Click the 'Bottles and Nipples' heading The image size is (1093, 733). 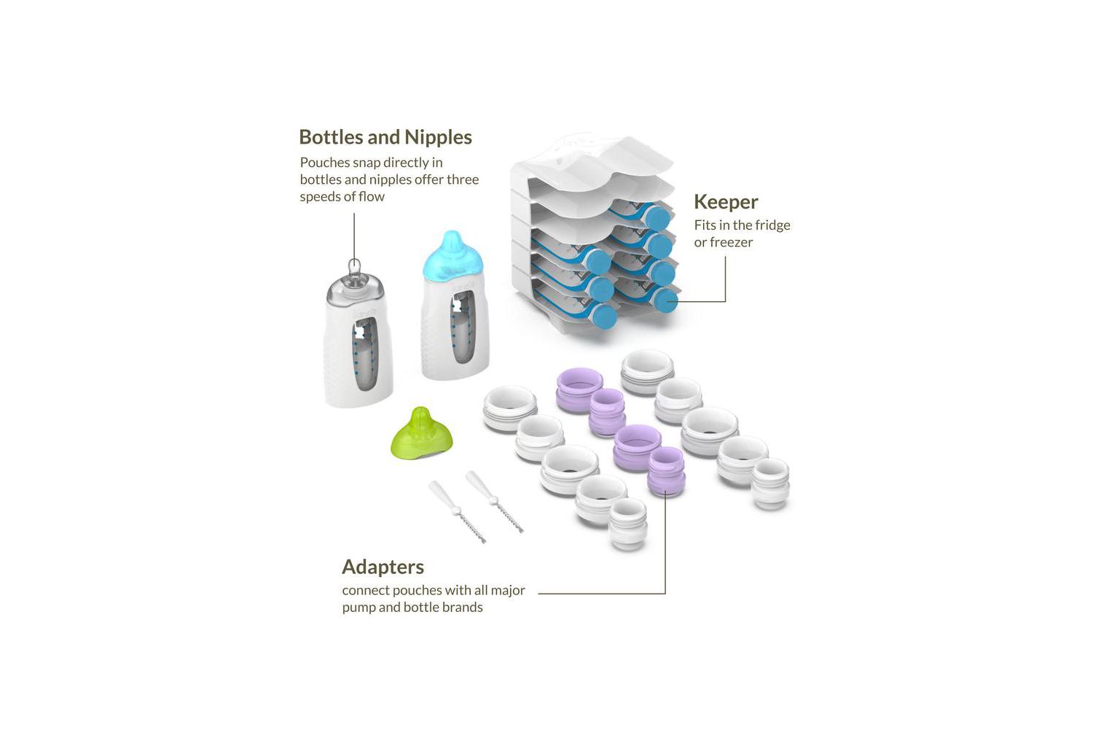tap(385, 137)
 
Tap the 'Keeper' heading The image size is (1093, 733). tap(726, 202)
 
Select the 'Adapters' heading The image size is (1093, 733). tap(383, 567)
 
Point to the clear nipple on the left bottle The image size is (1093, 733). tap(356, 281)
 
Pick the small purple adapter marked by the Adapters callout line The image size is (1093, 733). tap(666, 472)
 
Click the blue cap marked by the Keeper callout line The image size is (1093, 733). tap(666, 300)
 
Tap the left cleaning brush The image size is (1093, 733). tap(457, 511)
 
